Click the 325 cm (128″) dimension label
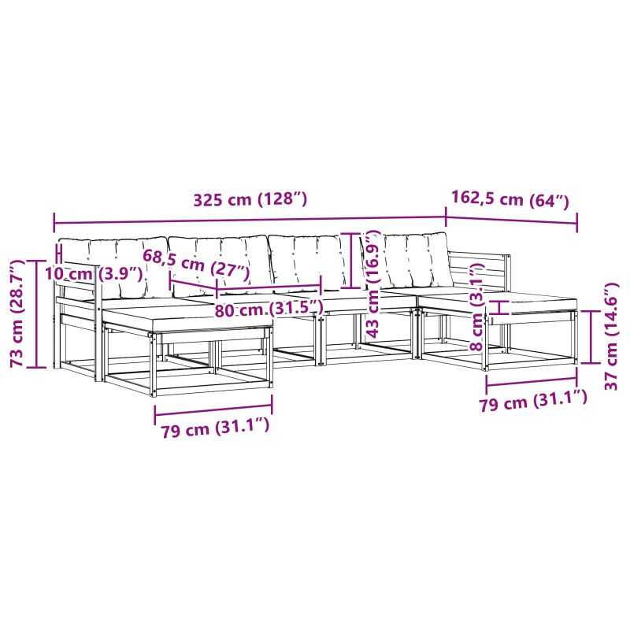click(250, 199)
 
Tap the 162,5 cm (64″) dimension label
click(510, 198)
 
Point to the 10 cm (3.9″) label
click(94, 274)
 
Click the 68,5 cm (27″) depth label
click(196, 264)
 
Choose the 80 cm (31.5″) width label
click(269, 309)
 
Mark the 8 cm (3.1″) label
click(477, 307)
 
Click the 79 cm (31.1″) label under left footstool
click(215, 428)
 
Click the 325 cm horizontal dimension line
click(250, 220)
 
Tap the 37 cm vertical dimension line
click(592, 337)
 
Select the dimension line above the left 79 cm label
click(213, 409)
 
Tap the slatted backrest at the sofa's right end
click(478, 271)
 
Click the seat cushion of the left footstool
click(187, 316)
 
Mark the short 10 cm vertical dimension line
click(61, 254)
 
